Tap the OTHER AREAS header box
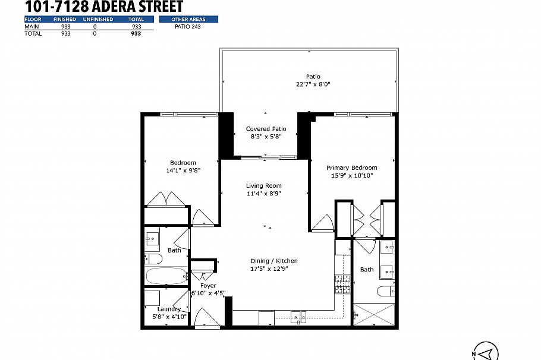(187, 20)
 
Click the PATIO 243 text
(187, 27)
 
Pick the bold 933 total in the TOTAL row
(136, 34)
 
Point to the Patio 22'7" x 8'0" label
(313, 80)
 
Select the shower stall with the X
(373, 313)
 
